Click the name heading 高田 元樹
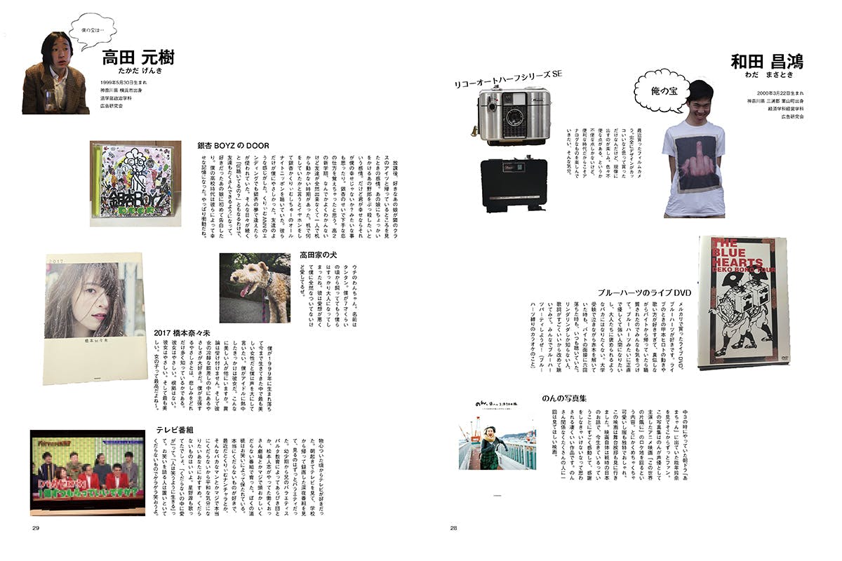tap(138, 58)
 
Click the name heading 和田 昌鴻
tap(766, 62)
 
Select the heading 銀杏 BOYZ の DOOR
tap(234, 145)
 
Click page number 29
tap(35, 528)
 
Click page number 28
tap(453, 528)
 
